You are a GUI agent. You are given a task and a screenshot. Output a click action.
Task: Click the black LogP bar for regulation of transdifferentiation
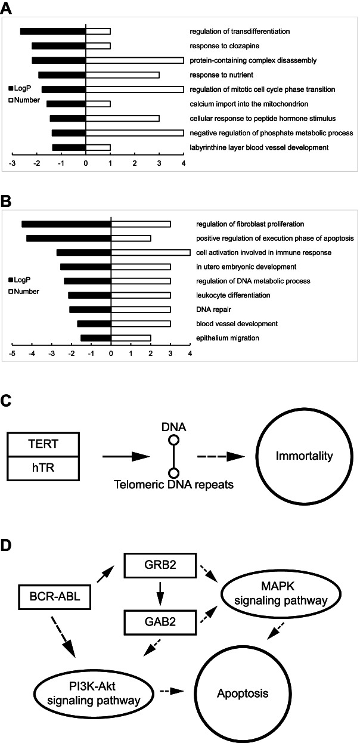(x=53, y=32)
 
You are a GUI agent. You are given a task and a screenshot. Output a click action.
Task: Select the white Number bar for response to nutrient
(x=123, y=75)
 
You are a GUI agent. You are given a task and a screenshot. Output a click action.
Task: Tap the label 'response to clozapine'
(x=216, y=46)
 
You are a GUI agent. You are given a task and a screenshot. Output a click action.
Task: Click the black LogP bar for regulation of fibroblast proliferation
(x=67, y=224)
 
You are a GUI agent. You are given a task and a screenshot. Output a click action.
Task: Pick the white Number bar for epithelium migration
(x=131, y=339)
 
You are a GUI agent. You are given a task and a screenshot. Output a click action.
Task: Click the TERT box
(x=42, y=444)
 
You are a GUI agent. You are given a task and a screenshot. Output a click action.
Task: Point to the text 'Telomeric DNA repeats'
(x=173, y=485)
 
